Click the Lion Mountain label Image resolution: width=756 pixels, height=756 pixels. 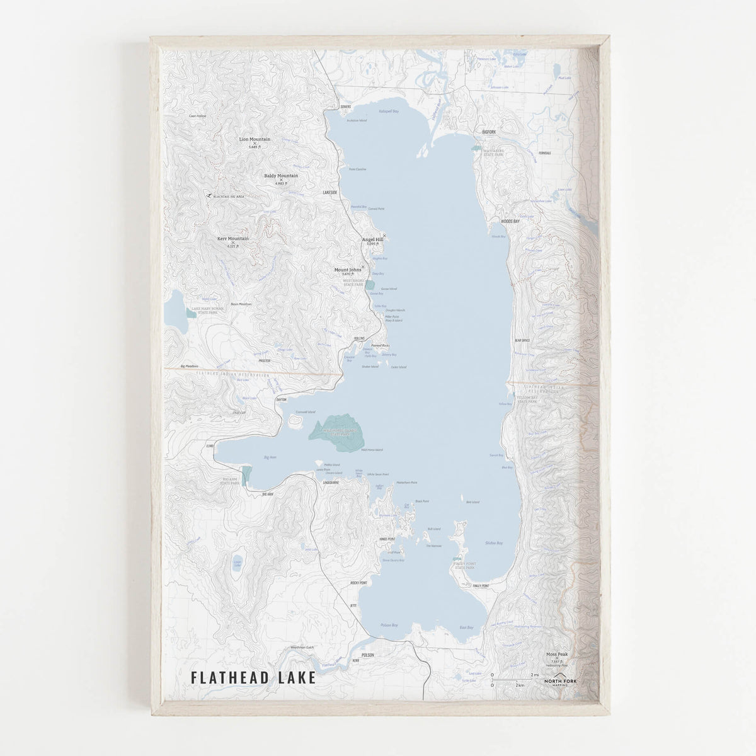coord(255,139)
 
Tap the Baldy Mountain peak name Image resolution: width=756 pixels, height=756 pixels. coord(281,176)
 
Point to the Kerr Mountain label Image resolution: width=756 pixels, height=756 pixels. coord(232,239)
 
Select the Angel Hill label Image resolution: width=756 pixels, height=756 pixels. coord(372,239)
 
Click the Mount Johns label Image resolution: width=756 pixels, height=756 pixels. coord(348,270)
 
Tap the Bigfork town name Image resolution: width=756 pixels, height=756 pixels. coord(490,132)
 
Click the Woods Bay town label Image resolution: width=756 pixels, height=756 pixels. coord(510,222)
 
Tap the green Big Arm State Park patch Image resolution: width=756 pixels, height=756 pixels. coord(246,476)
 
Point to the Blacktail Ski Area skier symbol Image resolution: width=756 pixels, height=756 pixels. coord(209,196)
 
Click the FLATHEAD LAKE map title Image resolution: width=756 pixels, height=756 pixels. coord(253,679)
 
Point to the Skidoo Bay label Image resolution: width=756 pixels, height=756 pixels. coord(495,542)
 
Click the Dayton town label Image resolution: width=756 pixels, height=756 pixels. coord(281,399)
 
